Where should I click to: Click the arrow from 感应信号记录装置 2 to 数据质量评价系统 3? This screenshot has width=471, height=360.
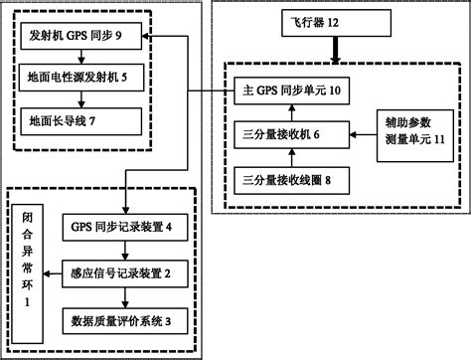click(x=122, y=296)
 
